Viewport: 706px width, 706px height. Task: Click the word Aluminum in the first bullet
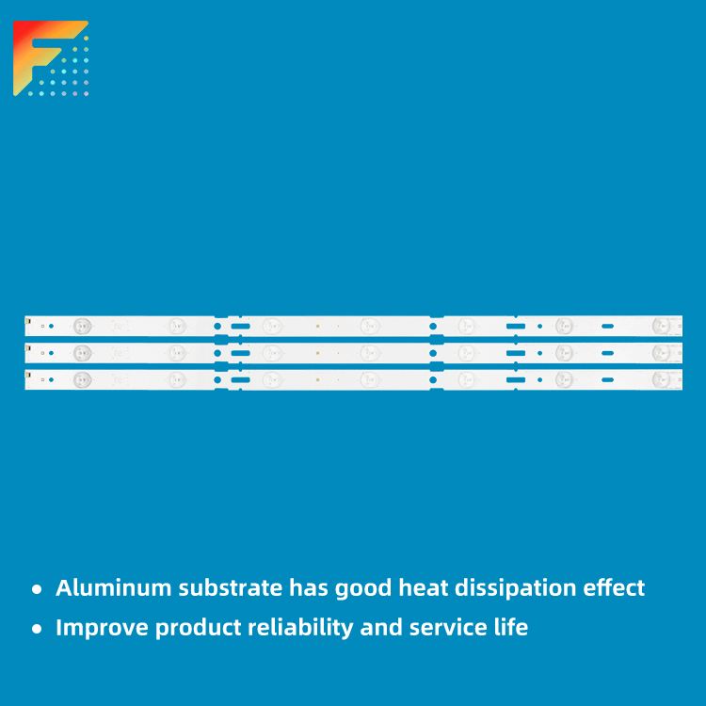click(114, 588)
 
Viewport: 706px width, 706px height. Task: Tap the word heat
click(423, 588)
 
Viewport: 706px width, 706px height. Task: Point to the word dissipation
click(515, 589)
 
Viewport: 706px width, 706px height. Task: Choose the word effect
click(614, 588)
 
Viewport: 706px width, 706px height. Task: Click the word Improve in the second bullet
click(102, 628)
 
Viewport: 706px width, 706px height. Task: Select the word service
click(448, 628)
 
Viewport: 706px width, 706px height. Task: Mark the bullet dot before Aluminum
click(37, 589)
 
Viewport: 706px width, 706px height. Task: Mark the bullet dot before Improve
click(37, 629)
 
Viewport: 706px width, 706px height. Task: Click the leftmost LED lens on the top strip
click(83, 326)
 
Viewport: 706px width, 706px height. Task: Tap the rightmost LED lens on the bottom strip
click(661, 379)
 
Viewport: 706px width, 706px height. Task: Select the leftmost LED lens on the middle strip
click(83, 353)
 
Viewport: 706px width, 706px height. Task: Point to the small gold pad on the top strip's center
click(318, 326)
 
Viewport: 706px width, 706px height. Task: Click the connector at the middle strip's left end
click(28, 348)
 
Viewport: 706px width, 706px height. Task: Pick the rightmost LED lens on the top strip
click(661, 326)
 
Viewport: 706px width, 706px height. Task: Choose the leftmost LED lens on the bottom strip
click(83, 379)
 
